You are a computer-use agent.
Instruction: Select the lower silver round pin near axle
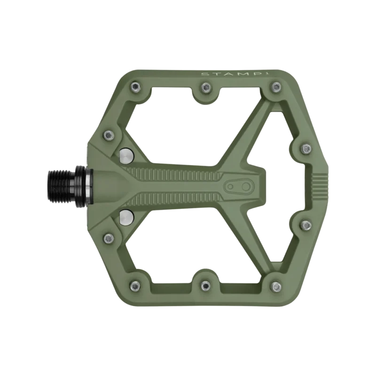(x=126, y=217)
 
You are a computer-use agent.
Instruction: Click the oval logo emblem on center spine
(x=238, y=186)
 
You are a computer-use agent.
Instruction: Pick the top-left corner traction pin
(x=135, y=86)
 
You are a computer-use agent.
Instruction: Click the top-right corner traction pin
(x=276, y=86)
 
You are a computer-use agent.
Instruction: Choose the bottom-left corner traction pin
(x=135, y=286)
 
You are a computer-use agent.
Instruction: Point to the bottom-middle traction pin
(x=205, y=286)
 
